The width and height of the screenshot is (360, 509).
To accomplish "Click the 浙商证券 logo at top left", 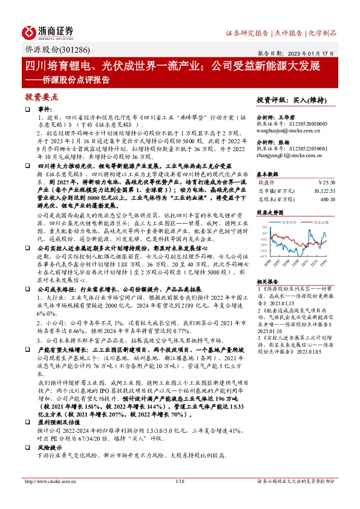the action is coord(48,31).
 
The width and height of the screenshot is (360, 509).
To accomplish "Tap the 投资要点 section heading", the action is coord(41,96).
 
